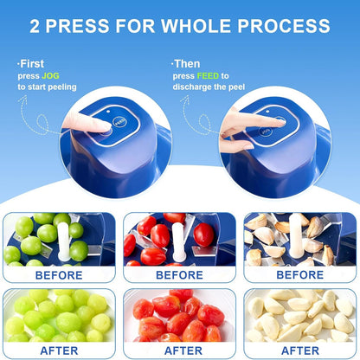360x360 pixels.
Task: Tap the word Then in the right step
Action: pyautogui.click(x=188, y=63)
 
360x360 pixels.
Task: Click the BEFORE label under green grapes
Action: pyautogui.click(x=59, y=274)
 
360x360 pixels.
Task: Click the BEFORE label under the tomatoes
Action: pyautogui.click(x=180, y=274)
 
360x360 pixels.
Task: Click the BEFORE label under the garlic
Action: pyautogui.click(x=300, y=274)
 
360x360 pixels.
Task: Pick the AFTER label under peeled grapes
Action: pyautogui.click(x=59, y=350)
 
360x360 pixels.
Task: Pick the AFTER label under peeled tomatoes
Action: pyautogui.click(x=180, y=350)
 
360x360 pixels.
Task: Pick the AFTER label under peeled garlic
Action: pyautogui.click(x=300, y=350)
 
